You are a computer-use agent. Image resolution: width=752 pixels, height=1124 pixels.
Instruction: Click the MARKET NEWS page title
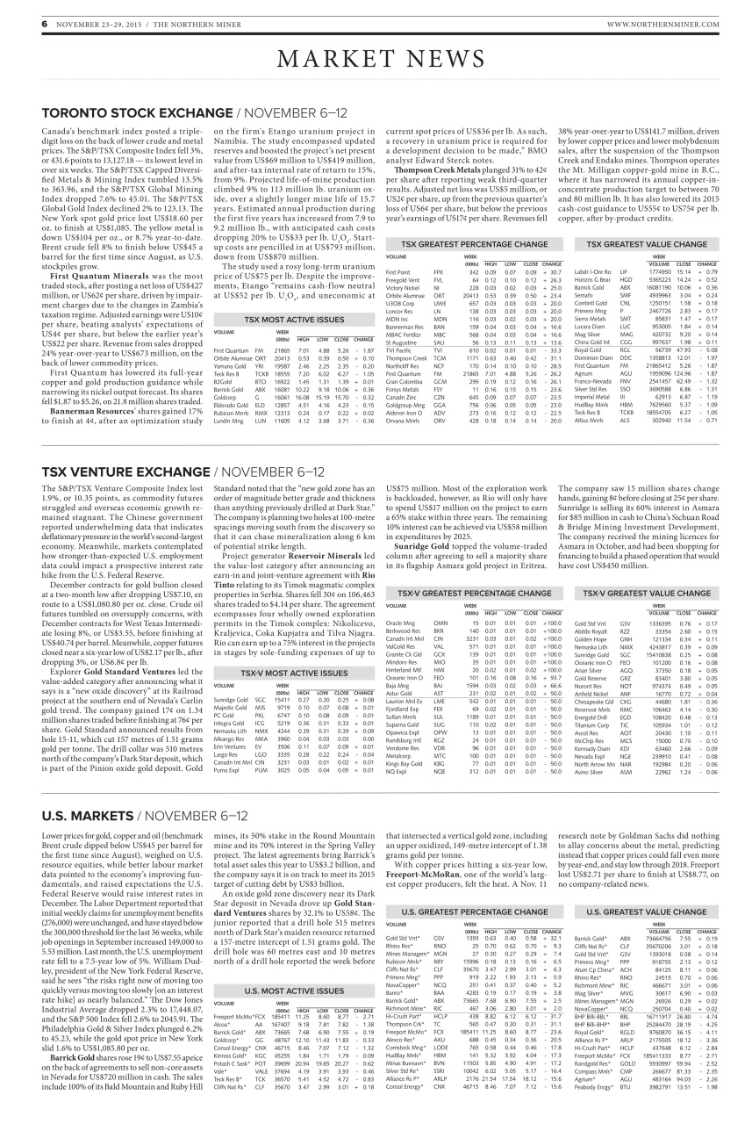[376, 60]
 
